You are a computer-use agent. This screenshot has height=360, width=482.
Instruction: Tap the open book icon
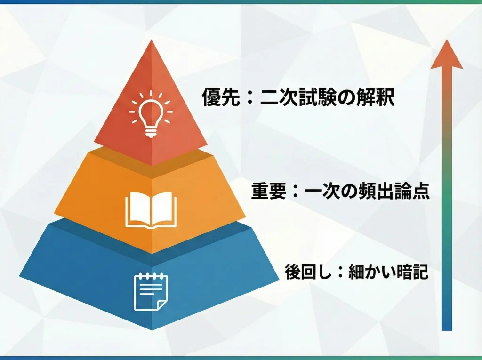click(151, 210)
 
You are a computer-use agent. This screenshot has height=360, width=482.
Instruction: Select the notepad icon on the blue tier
click(151, 292)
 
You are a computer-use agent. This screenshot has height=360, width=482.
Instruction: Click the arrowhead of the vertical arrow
click(447, 55)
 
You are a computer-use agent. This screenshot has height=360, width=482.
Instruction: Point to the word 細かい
click(369, 272)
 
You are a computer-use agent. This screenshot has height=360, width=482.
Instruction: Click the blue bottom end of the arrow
click(447, 325)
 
